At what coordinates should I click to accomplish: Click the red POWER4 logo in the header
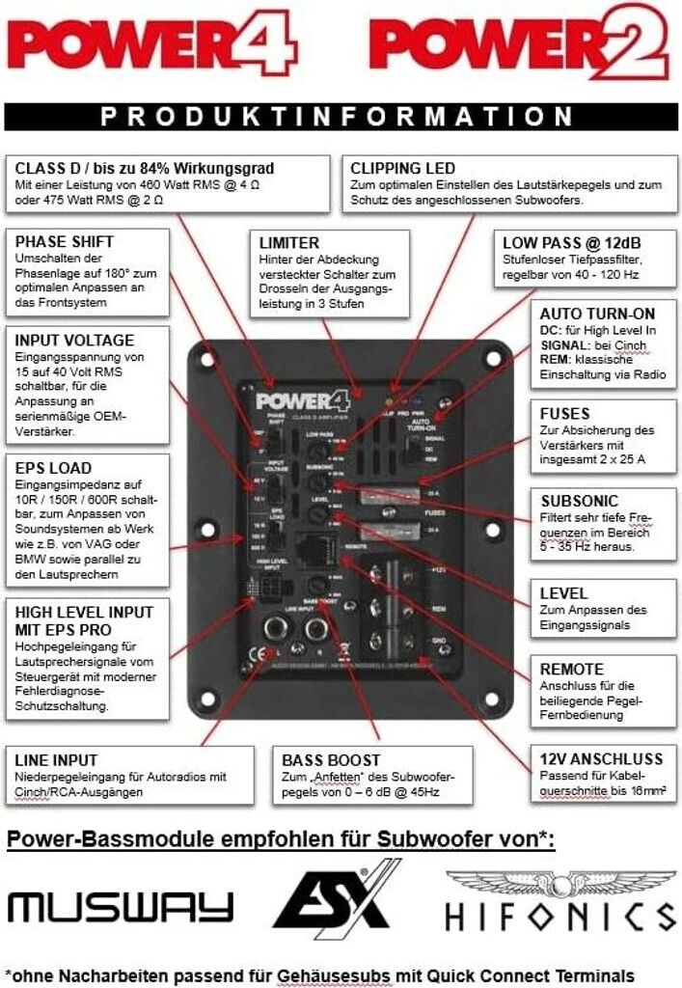(x=154, y=45)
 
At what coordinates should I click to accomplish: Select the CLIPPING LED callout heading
(x=403, y=168)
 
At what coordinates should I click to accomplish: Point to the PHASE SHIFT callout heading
(x=65, y=241)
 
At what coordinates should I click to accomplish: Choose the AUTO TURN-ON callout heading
(x=597, y=314)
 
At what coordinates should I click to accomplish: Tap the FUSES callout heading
(x=565, y=413)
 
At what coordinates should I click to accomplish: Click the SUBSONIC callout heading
(x=579, y=502)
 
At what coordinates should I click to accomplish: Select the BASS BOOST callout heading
(x=331, y=760)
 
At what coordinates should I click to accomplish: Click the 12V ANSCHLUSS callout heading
(x=587, y=759)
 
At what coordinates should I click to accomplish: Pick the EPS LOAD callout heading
(x=54, y=468)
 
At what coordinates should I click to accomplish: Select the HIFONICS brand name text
(x=560, y=916)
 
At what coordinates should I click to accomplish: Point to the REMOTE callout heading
(x=572, y=669)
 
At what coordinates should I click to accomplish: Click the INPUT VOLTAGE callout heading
(x=75, y=340)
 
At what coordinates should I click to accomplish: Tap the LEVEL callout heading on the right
(x=563, y=593)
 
